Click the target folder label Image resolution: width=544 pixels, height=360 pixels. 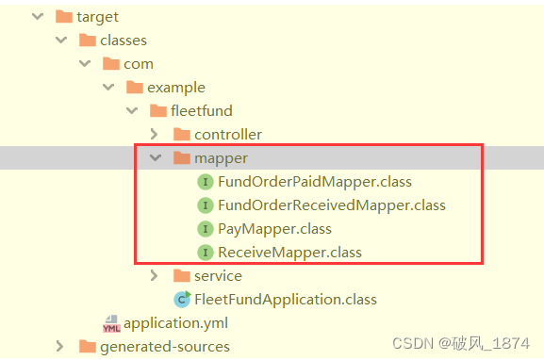[99, 16]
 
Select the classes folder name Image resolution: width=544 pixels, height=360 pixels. [124, 40]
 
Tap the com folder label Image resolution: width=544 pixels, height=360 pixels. [138, 63]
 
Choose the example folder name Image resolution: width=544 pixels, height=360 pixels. [175, 87]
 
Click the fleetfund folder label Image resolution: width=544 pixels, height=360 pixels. [201, 110]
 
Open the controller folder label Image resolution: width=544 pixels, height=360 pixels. [228, 134]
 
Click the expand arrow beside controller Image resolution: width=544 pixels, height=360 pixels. [155, 134]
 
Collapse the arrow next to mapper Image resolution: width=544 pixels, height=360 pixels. [155, 157]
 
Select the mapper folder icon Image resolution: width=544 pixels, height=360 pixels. [182, 157]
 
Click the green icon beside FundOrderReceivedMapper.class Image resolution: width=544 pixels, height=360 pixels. [205, 205]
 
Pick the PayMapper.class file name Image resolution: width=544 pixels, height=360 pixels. [274, 228]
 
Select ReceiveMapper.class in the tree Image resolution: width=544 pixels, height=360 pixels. [289, 252]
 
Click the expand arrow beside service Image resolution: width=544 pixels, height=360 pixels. [155, 275]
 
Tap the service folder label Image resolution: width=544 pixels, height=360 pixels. [218, 275]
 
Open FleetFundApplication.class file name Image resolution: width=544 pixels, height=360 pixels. [286, 299]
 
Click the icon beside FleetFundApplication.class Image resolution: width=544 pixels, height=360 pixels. [182, 299]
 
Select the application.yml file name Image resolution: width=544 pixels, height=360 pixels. [176, 323]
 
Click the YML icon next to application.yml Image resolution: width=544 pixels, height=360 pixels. [110, 323]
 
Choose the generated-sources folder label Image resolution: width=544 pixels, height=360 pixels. [165, 347]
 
